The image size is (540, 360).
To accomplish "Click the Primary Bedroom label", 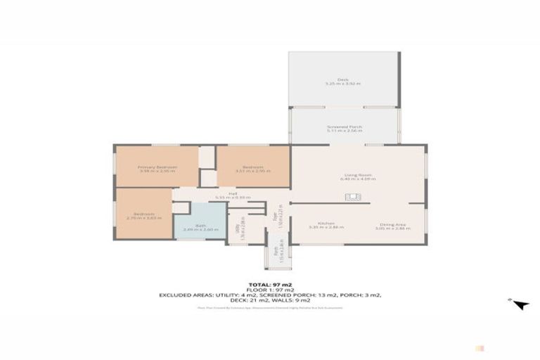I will pos(157,167).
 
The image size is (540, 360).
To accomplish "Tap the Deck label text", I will pos(342,79).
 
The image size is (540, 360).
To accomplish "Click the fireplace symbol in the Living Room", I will pos(352,198).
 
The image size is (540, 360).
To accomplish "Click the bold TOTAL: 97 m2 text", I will pos(270,283).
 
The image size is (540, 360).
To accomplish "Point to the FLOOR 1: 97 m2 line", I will pos(270,289).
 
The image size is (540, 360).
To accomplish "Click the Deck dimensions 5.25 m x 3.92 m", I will pos(342,84).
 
